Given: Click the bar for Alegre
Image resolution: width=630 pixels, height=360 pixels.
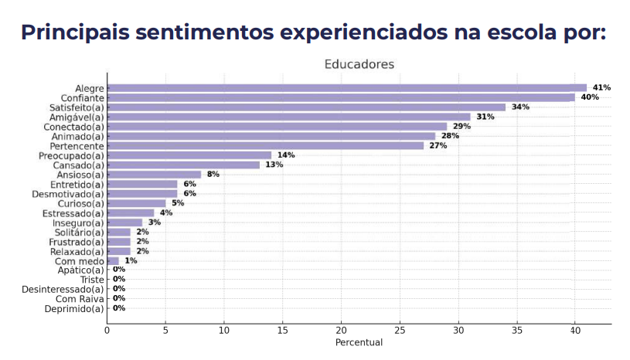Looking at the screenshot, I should tap(346, 88).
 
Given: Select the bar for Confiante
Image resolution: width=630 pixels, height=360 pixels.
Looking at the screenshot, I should tap(340, 97).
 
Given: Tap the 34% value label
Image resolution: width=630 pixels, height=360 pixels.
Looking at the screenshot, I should tap(520, 107).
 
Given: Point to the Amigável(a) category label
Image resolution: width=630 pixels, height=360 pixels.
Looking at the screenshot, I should tap(77, 117).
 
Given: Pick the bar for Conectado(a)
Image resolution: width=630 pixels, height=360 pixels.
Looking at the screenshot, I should tap(277, 126).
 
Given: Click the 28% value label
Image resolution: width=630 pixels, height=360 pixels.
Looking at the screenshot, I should tap(450, 136).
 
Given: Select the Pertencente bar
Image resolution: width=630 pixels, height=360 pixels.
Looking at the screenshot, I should tap(265, 145).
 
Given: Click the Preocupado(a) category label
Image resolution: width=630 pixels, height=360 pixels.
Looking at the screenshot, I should tap(74, 155).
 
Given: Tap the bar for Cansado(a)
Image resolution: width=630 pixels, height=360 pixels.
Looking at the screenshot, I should tap(183, 165).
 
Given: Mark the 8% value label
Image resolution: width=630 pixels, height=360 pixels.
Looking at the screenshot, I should tap(213, 175).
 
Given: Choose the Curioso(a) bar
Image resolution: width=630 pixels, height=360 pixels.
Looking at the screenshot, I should tap(136, 203).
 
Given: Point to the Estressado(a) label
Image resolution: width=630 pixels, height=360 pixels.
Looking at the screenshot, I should tap(73, 213).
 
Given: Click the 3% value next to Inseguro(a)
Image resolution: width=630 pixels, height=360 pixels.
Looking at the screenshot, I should tap(155, 222).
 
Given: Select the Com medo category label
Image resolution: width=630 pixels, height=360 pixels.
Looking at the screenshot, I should tap(80, 261).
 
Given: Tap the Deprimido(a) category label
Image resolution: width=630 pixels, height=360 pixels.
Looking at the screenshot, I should tap(73, 309).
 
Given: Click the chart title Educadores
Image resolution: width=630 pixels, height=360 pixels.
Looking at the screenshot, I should tap(359, 64).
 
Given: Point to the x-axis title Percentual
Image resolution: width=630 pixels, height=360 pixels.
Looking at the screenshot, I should tap(359, 342).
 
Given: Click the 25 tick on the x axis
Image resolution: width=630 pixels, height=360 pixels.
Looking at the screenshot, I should tap(400, 330).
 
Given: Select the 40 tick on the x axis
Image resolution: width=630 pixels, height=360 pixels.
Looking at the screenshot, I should tap(574, 330).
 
